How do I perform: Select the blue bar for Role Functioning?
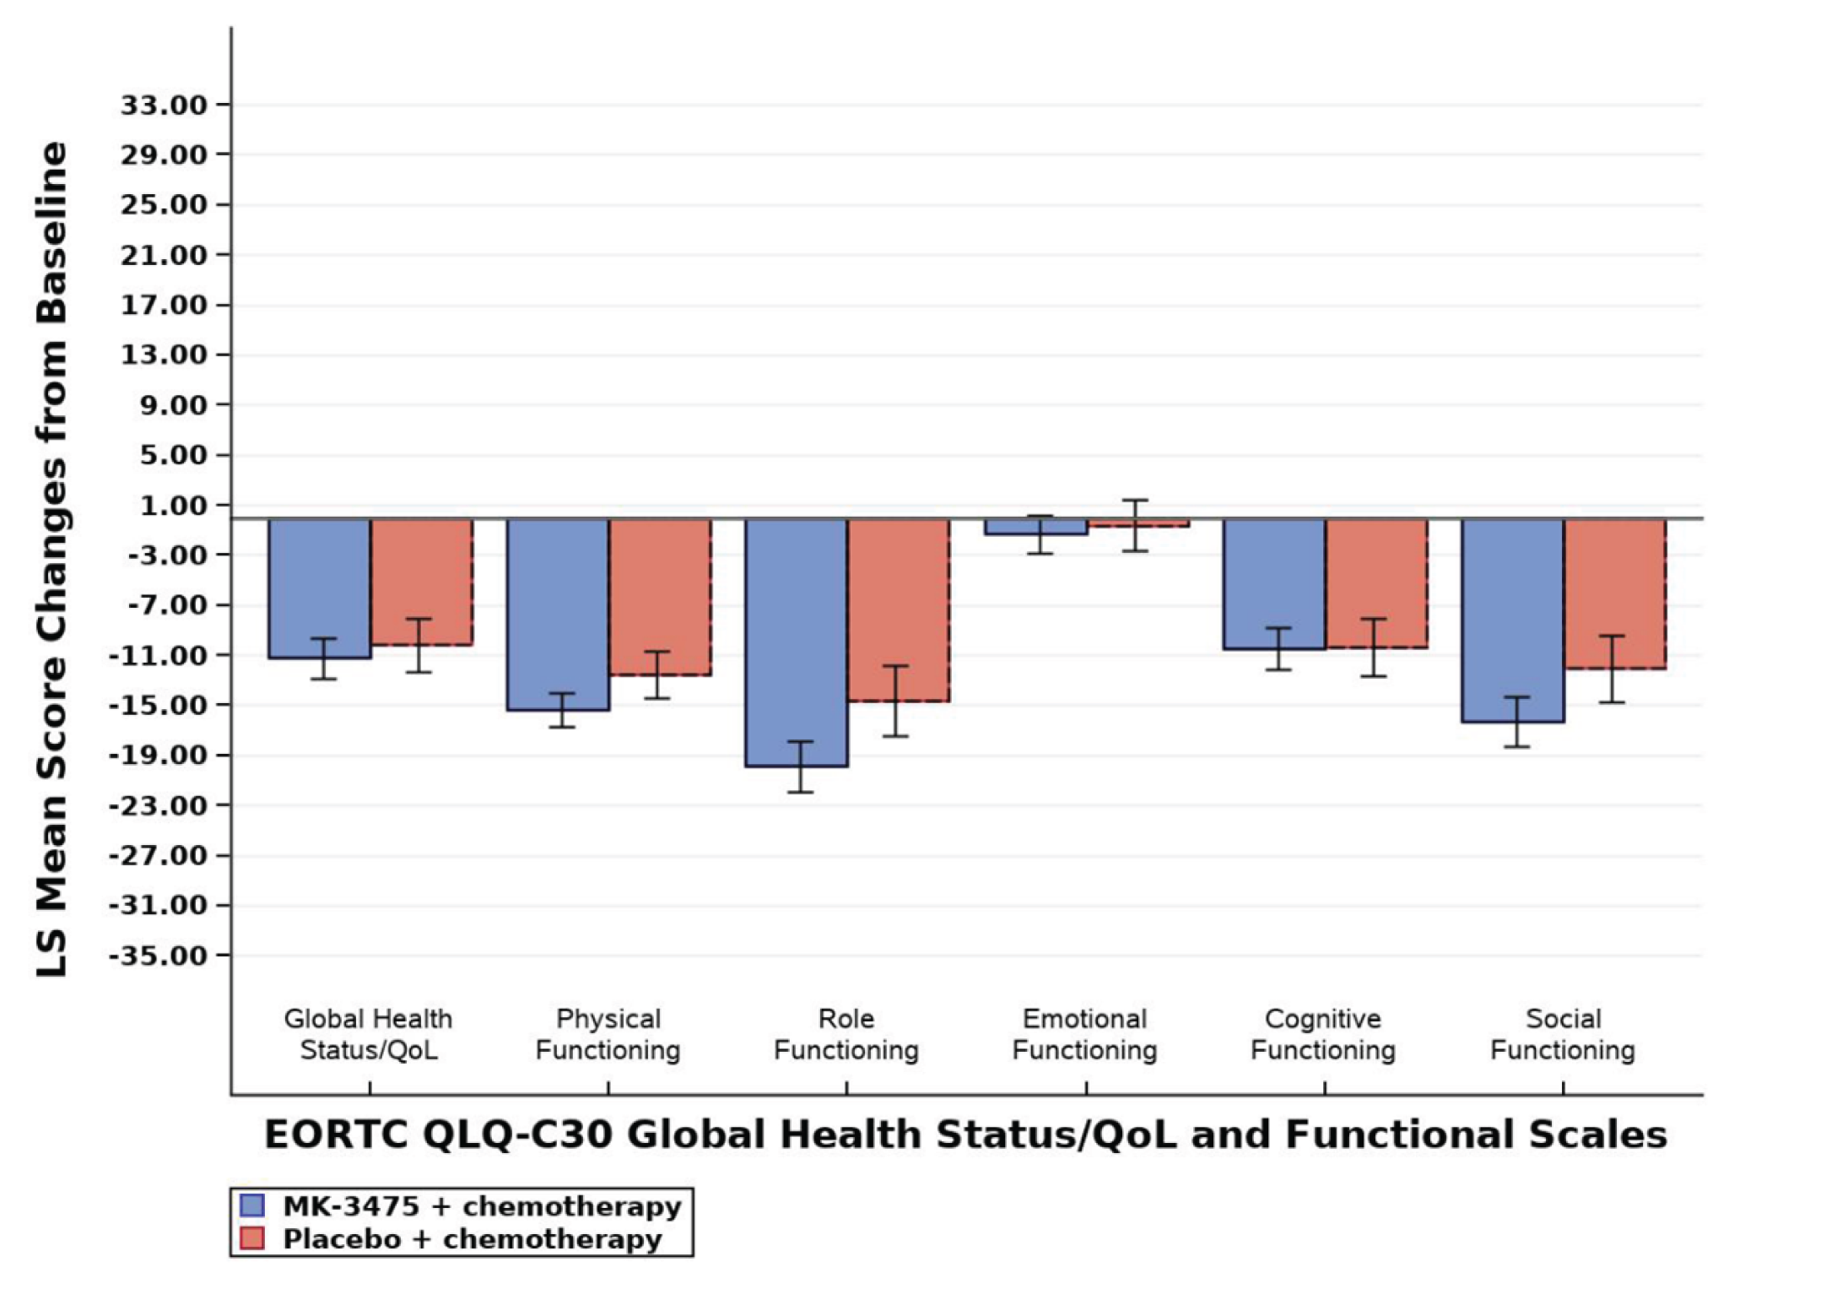(796, 642)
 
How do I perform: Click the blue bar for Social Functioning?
(1513, 620)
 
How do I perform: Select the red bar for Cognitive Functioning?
(1376, 583)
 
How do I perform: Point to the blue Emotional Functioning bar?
(1035, 527)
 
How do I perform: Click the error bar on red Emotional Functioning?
(1135, 525)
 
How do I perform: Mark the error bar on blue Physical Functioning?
(562, 710)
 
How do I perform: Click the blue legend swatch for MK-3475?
(252, 1205)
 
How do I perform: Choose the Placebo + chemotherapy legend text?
(473, 1238)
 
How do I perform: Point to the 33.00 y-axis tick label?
(164, 106)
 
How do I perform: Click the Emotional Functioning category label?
(1085, 1034)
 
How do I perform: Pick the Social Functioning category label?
(1563, 1034)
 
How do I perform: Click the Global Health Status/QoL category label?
(369, 1034)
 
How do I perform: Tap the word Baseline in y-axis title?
(53, 232)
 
